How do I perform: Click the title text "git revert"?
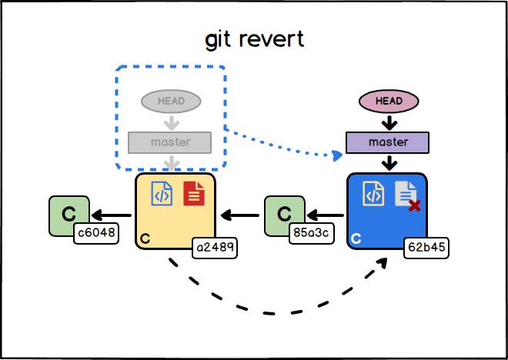[254, 39]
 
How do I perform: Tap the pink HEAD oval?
[389, 101]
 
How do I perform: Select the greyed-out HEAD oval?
[170, 101]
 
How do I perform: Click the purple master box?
[388, 142]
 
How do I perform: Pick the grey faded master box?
[170, 142]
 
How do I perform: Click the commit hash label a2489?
[215, 248]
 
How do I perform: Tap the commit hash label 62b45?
[426, 248]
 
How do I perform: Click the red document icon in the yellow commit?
[194, 193]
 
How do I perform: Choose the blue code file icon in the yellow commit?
[162, 193]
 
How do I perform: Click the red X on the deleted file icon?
[414, 205]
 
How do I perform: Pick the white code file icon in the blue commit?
[373, 193]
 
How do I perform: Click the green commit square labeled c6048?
[68, 215]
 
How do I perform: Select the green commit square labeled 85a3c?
[283, 215]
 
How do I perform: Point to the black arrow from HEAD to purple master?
[389, 122]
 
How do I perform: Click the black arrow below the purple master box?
[389, 162]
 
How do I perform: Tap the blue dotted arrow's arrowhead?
[337, 156]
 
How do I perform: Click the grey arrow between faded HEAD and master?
[171, 122]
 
